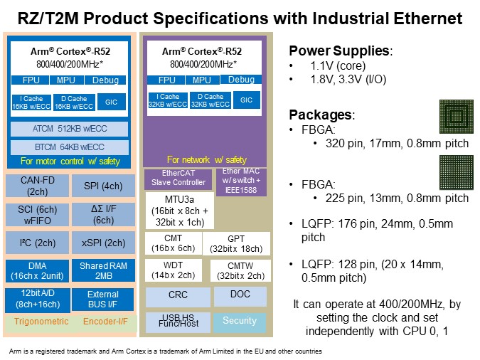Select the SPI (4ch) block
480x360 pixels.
pos(102,186)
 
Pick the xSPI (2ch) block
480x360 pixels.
pos(102,243)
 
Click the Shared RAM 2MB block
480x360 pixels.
pos(102,271)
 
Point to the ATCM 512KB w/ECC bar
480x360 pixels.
pos(70,129)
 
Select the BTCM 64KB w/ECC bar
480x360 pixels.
pos(70,148)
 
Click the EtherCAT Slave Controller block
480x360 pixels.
pos(178,178)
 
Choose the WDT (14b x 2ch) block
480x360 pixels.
pos(174,270)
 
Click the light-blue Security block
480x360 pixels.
pos(239,321)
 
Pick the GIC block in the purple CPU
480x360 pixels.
pos(246,100)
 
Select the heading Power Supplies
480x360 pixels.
pos(340,51)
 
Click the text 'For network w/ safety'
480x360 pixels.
pos(206,160)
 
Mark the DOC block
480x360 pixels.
pos(240,294)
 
